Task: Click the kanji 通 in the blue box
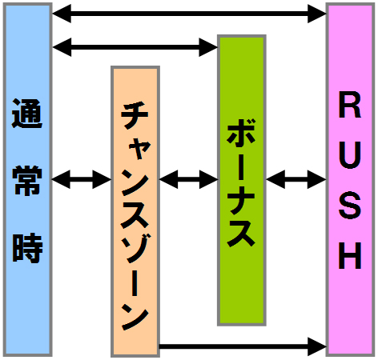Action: (x=27, y=114)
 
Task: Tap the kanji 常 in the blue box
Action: (x=27, y=180)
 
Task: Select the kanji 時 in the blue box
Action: (x=27, y=248)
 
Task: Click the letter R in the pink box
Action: (x=350, y=105)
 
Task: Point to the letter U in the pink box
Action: (x=350, y=155)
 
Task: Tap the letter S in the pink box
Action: (x=350, y=206)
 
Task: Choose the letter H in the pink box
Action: (x=350, y=255)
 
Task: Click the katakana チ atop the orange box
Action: (x=135, y=114)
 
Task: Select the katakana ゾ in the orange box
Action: (x=135, y=248)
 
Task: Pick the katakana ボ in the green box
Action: (x=242, y=134)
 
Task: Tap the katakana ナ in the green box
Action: (x=242, y=199)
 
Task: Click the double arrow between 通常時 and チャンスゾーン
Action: (x=82, y=179)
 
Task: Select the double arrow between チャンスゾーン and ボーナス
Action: (x=189, y=179)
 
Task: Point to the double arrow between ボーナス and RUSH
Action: (x=296, y=179)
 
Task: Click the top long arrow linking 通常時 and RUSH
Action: (x=189, y=14)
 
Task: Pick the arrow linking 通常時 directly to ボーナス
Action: (x=135, y=47)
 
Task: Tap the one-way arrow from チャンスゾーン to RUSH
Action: (x=243, y=346)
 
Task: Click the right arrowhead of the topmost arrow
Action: (x=317, y=14)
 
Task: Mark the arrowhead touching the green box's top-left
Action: (x=208, y=47)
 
